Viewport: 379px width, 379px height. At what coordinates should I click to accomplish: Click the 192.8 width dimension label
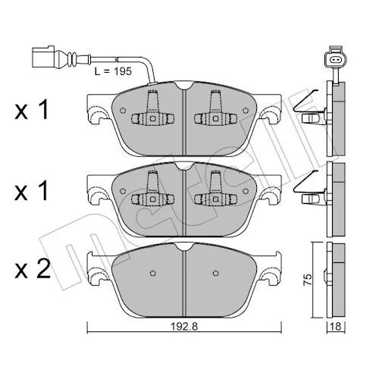click(184, 326)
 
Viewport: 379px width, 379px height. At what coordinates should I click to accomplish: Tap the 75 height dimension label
click(308, 279)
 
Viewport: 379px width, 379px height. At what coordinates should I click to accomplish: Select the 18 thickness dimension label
click(336, 326)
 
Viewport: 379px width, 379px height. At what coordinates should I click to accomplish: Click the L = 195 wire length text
click(113, 71)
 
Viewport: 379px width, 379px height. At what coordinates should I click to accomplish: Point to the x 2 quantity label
click(33, 269)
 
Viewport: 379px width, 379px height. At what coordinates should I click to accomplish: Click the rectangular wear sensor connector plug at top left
click(43, 57)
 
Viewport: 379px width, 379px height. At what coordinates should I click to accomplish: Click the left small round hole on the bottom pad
click(152, 273)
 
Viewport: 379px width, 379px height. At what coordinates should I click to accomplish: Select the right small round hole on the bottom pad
click(215, 273)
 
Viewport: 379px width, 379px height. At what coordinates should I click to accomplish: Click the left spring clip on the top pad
click(153, 111)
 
